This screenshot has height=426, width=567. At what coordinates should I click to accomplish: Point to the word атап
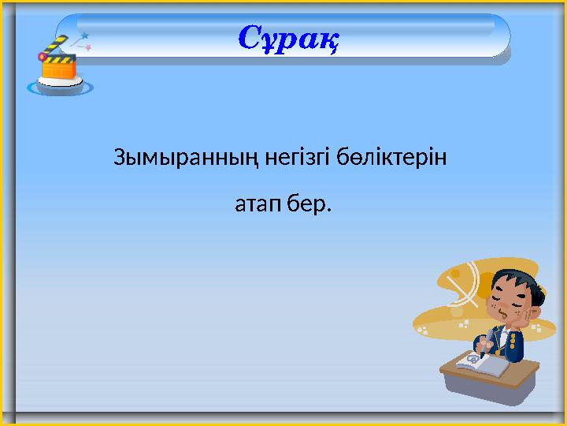point(254,207)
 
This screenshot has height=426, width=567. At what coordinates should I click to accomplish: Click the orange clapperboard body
point(59,68)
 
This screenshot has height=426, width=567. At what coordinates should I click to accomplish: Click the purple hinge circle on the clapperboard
point(43,56)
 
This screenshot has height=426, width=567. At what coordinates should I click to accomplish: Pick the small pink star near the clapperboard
point(88,48)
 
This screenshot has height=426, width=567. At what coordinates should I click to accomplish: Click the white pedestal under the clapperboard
point(60,86)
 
